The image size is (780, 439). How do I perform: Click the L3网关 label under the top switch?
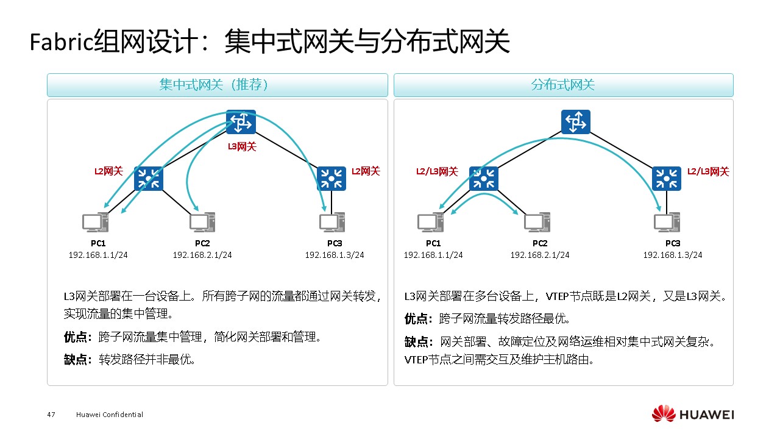point(242,146)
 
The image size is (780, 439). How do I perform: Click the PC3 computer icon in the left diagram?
point(333,223)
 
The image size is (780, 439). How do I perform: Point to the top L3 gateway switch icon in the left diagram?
point(241,123)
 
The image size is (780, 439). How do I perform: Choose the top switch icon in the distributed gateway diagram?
point(576,123)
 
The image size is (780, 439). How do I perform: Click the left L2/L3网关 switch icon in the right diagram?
point(484,179)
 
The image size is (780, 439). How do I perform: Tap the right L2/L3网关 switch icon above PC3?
point(667,179)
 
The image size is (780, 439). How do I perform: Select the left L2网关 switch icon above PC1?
point(149,179)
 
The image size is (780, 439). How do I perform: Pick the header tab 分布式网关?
point(563,85)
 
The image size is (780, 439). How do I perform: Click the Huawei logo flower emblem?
point(663,414)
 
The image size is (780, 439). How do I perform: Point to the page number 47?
point(51,415)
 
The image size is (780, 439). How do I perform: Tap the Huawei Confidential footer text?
point(110,415)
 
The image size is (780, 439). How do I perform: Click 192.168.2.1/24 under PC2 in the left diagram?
point(202,255)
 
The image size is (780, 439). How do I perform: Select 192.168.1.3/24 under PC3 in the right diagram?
point(673,255)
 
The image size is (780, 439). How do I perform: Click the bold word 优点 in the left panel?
point(76,337)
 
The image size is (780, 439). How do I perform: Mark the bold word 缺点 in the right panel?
point(417,341)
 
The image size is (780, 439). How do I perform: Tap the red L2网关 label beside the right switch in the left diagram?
point(366,171)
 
